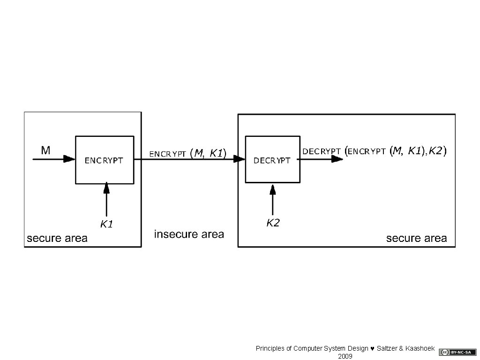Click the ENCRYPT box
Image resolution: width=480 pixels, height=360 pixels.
coord(105,160)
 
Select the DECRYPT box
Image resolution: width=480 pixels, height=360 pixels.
coord(272,160)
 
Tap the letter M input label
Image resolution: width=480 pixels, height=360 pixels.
coord(45,150)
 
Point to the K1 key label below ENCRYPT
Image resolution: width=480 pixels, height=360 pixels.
coord(107,224)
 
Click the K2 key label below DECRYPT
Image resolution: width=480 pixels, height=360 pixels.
coord(273,223)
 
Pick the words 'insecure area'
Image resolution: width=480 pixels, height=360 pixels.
coord(189,234)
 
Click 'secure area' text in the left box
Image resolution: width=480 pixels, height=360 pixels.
coord(57,238)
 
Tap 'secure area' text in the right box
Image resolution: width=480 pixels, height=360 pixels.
coord(416,238)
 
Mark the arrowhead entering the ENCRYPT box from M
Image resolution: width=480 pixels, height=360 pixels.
coord(70,159)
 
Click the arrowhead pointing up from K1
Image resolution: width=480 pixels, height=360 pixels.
coord(107,188)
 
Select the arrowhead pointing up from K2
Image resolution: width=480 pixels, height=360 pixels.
coord(273,189)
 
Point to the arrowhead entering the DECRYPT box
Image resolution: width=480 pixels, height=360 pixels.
coord(240,159)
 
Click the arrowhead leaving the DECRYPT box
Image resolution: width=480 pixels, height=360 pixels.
coord(337,159)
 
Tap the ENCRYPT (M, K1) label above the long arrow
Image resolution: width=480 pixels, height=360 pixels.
coord(187,153)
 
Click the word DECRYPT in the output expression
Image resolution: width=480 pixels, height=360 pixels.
coord(322,151)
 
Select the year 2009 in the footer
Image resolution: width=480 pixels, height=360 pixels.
coord(345,356)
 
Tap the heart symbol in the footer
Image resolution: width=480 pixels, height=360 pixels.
coord(373,349)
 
